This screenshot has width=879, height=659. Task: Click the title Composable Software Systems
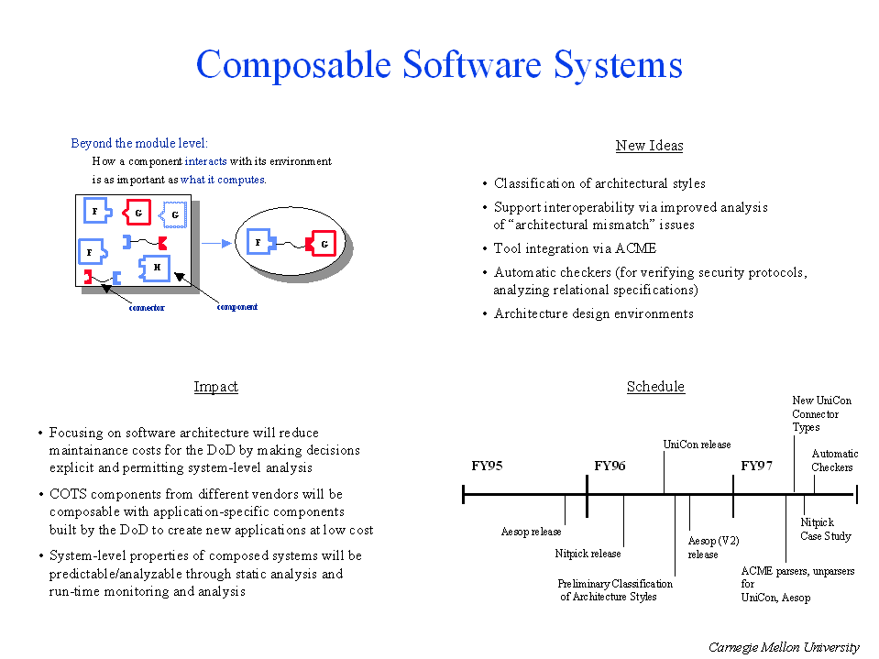pos(439,65)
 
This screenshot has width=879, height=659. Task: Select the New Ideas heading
pos(649,146)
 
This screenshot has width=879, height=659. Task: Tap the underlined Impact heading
pos(215,387)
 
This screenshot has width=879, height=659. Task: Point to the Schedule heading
pos(655,387)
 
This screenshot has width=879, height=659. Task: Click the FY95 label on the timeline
pos(487,466)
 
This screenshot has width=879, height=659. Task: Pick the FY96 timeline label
pos(610,466)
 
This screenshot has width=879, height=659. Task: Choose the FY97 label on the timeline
pos(756,466)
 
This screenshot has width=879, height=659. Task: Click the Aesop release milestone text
pos(531,532)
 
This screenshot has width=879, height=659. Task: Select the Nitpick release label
pos(588,554)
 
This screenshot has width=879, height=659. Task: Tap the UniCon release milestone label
pos(697,445)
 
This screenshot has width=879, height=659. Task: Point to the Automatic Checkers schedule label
pos(834,460)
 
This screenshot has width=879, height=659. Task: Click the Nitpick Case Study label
pos(825,530)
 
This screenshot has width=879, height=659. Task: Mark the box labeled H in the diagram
pos(157,268)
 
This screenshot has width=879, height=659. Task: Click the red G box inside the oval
pos(322,244)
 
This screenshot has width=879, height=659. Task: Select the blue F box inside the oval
pos(259,243)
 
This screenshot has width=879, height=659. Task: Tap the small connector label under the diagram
pos(146,308)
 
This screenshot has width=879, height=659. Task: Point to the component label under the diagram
pos(236,307)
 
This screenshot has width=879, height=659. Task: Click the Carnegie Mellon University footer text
pos(784,647)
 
